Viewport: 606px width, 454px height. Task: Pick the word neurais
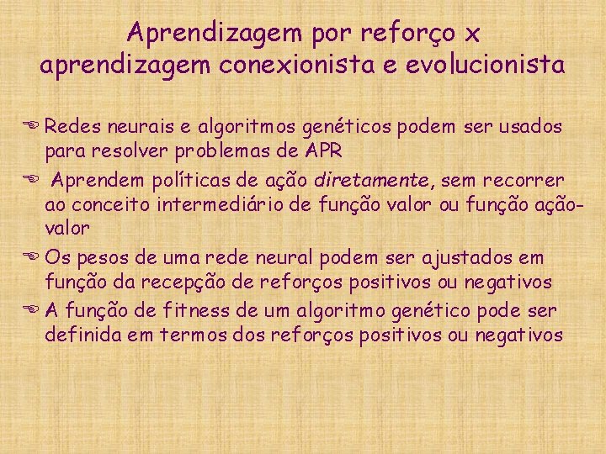click(x=127, y=127)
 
